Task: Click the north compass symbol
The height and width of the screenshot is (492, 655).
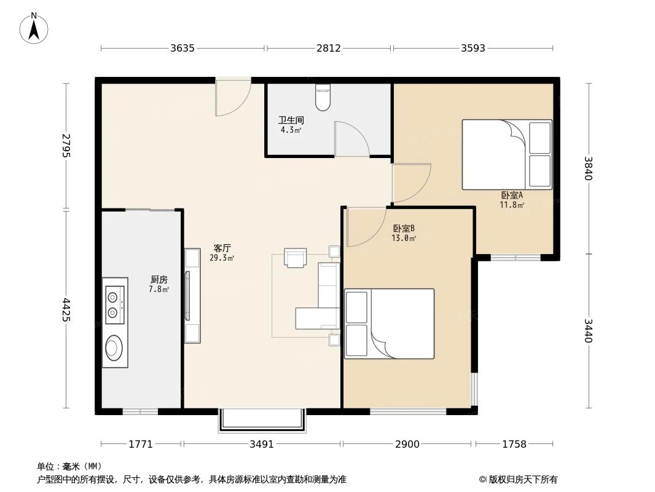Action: click(x=35, y=28)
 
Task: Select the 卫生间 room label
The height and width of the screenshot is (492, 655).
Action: click(x=291, y=121)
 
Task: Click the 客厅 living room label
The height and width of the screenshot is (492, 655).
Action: click(x=222, y=248)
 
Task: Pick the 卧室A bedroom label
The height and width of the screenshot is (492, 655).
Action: click(x=512, y=196)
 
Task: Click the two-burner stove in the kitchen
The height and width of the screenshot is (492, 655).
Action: click(x=114, y=305)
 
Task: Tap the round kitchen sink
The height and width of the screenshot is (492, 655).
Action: click(x=114, y=347)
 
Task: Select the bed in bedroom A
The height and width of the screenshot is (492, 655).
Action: click(x=506, y=154)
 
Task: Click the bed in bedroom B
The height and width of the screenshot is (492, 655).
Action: click(x=389, y=323)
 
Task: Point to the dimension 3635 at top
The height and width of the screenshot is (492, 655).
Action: click(x=182, y=48)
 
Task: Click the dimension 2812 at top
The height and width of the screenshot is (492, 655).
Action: click(x=329, y=48)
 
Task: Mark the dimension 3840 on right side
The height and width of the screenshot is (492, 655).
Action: click(x=589, y=168)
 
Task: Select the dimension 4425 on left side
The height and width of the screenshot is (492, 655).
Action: click(x=66, y=309)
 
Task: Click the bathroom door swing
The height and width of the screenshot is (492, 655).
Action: click(x=350, y=139)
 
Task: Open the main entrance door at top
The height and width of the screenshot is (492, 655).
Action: click(x=232, y=97)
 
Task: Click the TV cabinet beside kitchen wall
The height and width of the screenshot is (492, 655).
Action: click(x=192, y=295)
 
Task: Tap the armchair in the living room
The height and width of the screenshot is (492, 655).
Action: click(x=296, y=258)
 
